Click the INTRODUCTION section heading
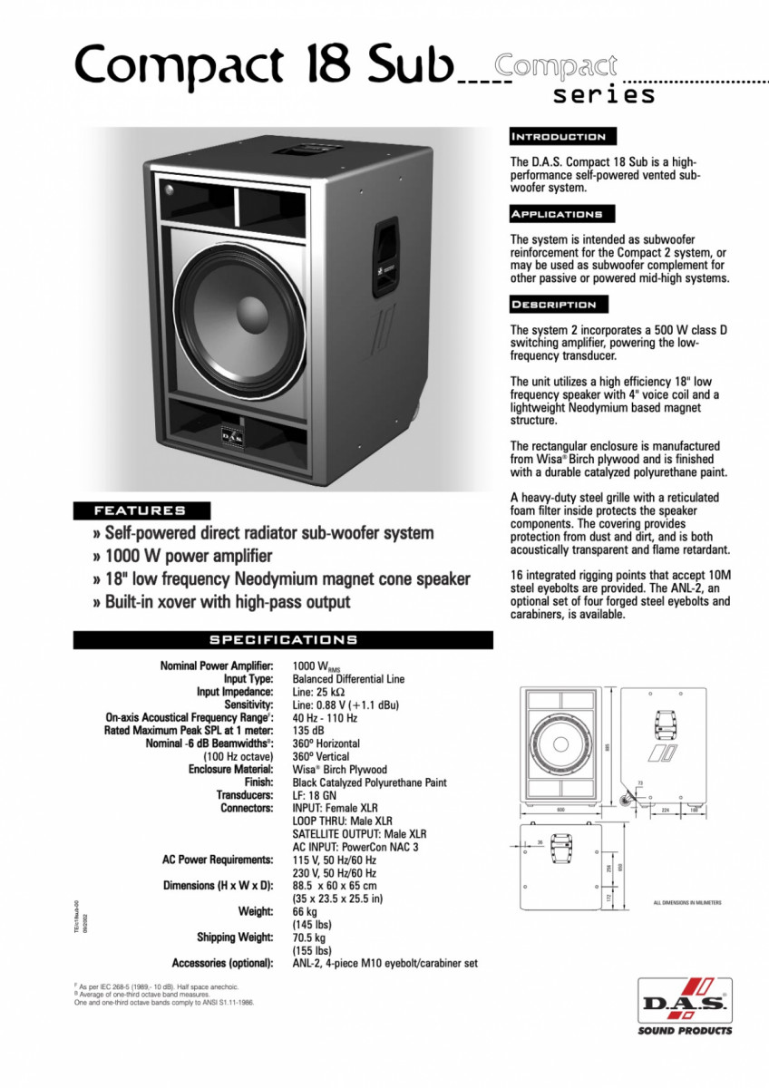click(x=561, y=137)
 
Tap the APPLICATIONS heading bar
click(x=561, y=214)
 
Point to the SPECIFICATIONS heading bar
click(x=283, y=639)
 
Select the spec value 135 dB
click(x=307, y=731)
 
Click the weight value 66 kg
click(x=305, y=911)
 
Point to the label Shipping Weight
click(x=235, y=937)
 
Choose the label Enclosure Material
click(x=230, y=769)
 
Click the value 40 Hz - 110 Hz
click(x=325, y=718)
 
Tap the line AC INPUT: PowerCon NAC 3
click(x=355, y=846)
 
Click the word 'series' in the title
click(x=604, y=94)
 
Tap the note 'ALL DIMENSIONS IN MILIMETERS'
click(x=687, y=903)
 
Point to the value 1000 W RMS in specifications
click(x=312, y=666)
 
